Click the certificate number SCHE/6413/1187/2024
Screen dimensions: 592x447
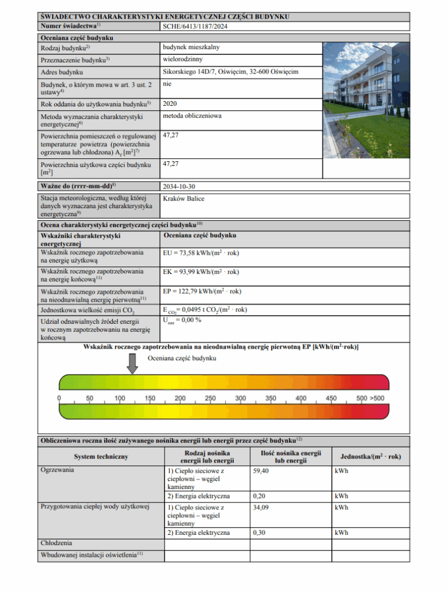pyautogui.click(x=200, y=26)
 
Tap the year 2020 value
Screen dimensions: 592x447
pyautogui.click(x=170, y=103)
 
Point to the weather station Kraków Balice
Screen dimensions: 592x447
pyautogui.click(x=184, y=199)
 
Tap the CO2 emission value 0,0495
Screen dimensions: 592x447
pyautogui.click(x=205, y=310)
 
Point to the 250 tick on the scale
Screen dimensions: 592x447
pyautogui.click(x=210, y=399)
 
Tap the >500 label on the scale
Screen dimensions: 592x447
pyautogui.click(x=377, y=399)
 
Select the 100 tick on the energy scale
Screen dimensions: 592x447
pyautogui.click(x=120, y=399)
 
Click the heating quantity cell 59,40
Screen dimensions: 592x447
pyautogui.click(x=261, y=471)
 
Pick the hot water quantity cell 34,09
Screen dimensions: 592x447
pyautogui.click(x=261, y=507)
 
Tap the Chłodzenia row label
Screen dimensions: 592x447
pyautogui.click(x=56, y=543)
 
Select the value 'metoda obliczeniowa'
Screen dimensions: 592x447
pyautogui.click(x=192, y=116)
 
